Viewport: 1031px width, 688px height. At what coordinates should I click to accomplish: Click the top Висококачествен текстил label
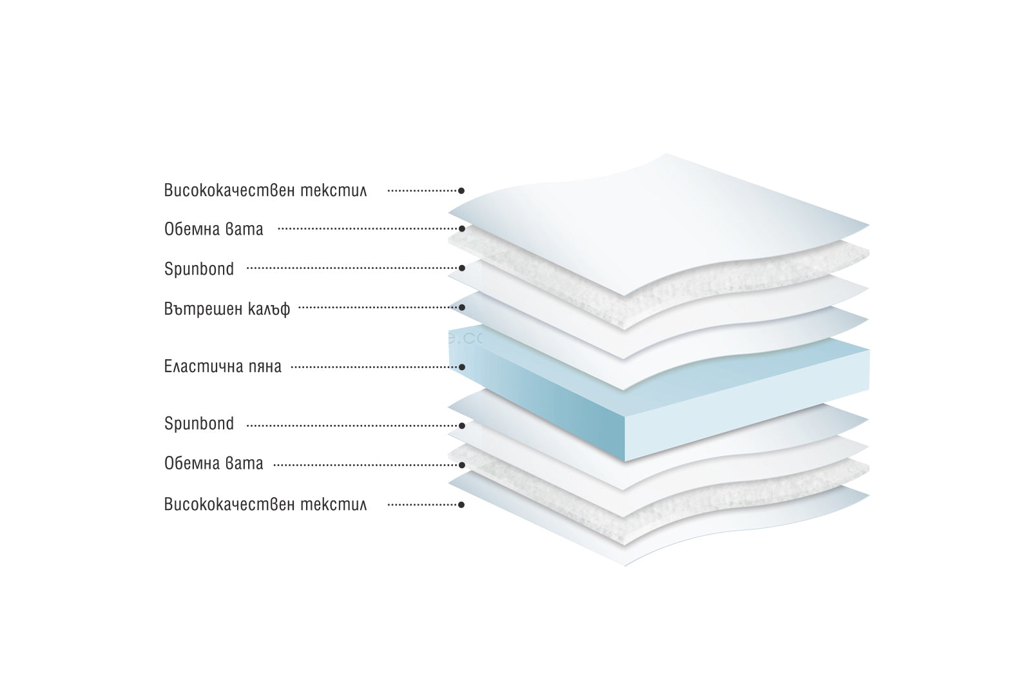tap(265, 191)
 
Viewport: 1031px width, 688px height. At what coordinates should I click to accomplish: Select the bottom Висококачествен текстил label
tap(265, 504)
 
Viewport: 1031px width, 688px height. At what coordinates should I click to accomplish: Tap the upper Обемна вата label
tap(213, 229)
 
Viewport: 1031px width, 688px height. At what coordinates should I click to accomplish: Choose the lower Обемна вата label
tap(213, 464)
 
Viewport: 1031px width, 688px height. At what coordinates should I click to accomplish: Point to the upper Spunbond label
tap(199, 269)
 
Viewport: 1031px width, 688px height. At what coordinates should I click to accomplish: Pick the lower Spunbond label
tap(199, 424)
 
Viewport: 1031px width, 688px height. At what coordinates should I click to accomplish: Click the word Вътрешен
tap(202, 309)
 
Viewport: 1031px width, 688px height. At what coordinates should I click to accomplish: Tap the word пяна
tap(264, 368)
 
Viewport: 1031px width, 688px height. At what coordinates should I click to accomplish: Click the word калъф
tap(269, 310)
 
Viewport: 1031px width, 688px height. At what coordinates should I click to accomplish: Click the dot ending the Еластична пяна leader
tap(461, 368)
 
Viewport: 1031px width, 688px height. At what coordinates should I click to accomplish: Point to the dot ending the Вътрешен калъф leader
tap(461, 308)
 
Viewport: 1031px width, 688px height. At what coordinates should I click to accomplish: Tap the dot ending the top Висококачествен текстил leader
tap(461, 191)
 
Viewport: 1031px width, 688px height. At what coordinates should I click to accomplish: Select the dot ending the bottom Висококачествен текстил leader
tap(461, 506)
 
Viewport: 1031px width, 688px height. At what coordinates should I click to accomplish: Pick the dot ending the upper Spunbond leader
tap(461, 268)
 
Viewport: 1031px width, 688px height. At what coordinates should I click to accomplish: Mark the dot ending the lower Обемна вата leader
tap(461, 464)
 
